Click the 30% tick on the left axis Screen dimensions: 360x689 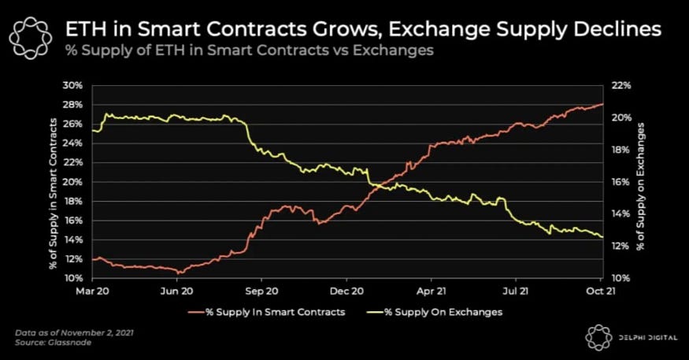74,85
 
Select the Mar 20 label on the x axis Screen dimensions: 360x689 93,291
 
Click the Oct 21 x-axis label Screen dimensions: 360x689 601,291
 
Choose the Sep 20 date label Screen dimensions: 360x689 262,291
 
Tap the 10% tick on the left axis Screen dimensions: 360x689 74,279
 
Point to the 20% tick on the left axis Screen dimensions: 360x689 74,182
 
